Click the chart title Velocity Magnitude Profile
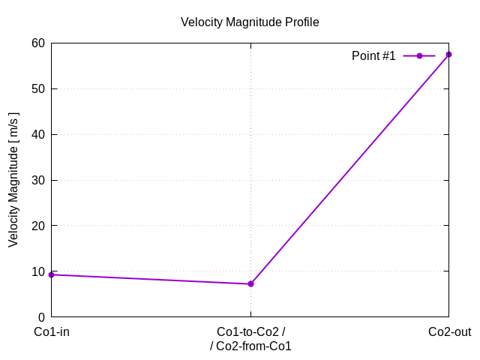click(250, 22)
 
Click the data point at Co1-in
click(51, 274)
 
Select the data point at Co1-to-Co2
click(250, 283)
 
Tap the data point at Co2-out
click(448, 54)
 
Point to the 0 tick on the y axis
click(40, 317)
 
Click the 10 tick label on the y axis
click(37, 271)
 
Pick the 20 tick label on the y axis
click(37, 226)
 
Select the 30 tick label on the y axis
click(37, 180)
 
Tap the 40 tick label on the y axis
click(37, 134)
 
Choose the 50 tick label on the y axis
click(37, 88)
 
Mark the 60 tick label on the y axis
click(37, 43)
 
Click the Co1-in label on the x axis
click(52, 332)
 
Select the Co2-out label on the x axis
click(449, 332)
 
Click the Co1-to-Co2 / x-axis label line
click(250, 332)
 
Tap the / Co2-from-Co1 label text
click(250, 346)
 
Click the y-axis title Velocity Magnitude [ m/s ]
click(13, 180)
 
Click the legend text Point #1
click(373, 56)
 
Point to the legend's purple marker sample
click(419, 56)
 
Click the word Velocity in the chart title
click(201, 22)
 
